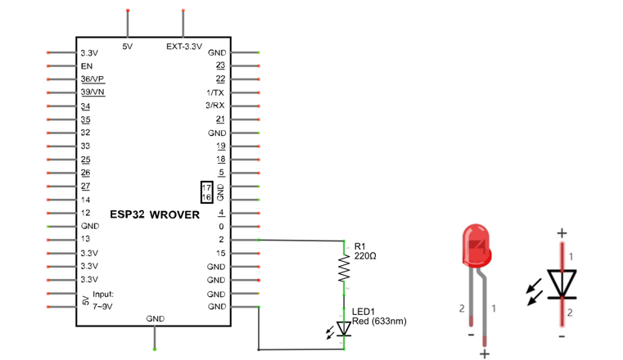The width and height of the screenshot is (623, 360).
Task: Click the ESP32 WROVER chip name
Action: click(x=155, y=214)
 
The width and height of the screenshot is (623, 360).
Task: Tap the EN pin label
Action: click(x=86, y=66)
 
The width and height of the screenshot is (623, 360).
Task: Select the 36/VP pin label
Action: click(x=93, y=79)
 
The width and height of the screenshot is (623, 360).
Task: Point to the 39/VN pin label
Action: click(x=93, y=92)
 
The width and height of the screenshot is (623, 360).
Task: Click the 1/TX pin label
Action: click(x=215, y=93)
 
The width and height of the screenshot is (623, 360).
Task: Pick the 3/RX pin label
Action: click(x=215, y=106)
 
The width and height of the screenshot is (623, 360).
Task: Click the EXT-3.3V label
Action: click(x=184, y=47)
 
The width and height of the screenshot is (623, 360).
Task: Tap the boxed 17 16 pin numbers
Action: click(x=206, y=192)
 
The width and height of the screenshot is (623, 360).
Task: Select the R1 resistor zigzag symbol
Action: click(x=344, y=268)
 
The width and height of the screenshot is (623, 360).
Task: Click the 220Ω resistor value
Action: click(x=365, y=256)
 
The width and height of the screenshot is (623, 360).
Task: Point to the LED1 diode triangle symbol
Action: click(x=344, y=329)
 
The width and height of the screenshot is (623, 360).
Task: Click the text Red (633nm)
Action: click(x=379, y=321)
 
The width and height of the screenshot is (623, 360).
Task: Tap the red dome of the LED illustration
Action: click(x=476, y=245)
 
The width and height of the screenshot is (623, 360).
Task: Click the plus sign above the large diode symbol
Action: click(x=562, y=233)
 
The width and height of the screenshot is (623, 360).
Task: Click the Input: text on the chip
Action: click(x=103, y=294)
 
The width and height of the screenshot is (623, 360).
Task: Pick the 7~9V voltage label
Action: click(x=102, y=307)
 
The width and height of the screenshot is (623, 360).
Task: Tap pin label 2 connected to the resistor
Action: click(x=221, y=240)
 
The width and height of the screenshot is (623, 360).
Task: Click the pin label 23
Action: click(x=220, y=65)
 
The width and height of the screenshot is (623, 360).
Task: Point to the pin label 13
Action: click(x=85, y=239)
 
